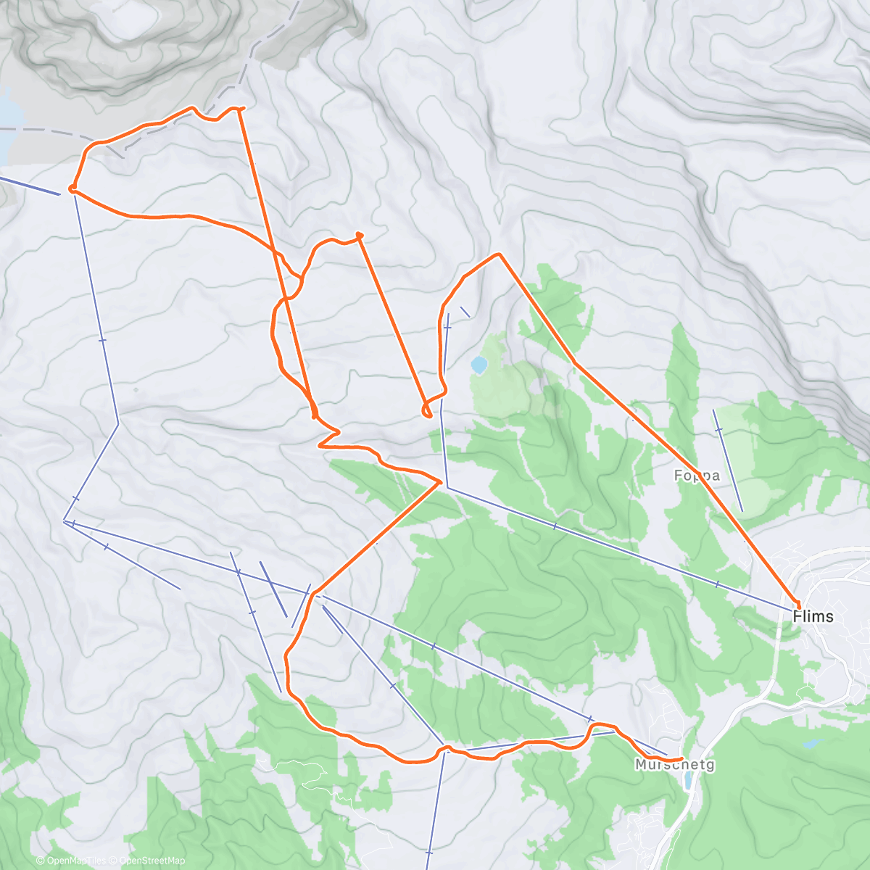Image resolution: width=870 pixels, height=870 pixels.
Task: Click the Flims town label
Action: (813, 617)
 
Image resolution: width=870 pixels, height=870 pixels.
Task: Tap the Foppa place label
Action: (697, 476)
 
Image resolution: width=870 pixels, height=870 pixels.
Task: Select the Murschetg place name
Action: (674, 765)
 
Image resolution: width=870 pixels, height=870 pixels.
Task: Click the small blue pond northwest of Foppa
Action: (478, 365)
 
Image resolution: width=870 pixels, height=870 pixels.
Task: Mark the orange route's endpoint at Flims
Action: (798, 605)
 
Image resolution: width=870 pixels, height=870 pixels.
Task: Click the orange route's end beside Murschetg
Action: (681, 758)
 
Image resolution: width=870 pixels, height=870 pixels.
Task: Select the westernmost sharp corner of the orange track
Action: (71, 189)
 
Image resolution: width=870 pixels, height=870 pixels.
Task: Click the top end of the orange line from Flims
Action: (499, 254)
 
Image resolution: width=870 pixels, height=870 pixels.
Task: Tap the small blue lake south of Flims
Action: (812, 744)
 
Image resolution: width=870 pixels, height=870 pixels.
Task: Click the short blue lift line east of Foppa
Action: (728, 460)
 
